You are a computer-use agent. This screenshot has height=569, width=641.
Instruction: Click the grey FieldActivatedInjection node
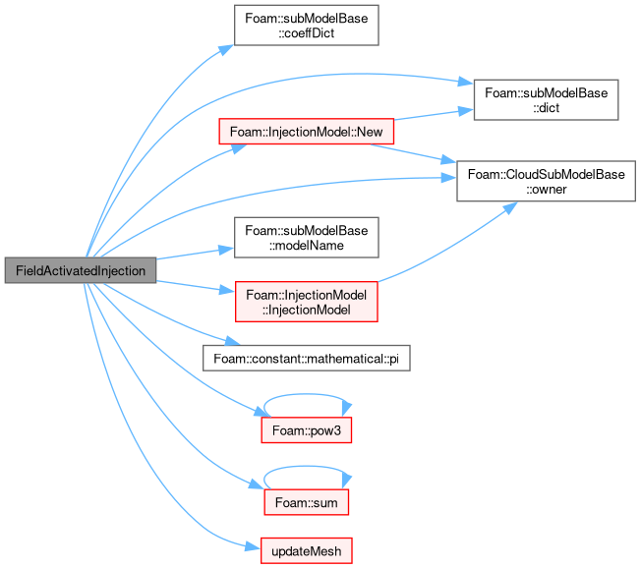point(81,270)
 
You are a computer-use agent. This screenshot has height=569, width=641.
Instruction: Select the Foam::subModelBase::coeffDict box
point(306,26)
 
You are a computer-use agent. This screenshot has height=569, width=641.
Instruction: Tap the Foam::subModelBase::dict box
point(546,100)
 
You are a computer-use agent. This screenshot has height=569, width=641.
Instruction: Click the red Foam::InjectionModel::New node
point(306,132)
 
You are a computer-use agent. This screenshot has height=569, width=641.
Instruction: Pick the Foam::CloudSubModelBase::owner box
point(546,181)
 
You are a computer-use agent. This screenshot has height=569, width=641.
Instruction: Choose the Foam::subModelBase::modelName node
point(306,238)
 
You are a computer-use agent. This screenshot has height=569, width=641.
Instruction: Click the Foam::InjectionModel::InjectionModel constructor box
point(306,302)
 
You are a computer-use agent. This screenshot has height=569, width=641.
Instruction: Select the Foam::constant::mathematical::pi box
point(306,359)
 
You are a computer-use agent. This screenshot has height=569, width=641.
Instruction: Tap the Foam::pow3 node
point(306,430)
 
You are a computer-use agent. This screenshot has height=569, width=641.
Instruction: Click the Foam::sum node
point(306,502)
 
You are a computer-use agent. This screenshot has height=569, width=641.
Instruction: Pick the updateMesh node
point(306,550)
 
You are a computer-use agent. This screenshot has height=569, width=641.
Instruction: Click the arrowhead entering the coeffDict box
point(226,49)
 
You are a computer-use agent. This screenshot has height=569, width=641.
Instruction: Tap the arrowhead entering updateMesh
point(253,546)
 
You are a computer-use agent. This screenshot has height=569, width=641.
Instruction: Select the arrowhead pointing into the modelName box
point(226,250)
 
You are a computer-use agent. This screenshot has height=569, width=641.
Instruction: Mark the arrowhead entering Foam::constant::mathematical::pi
point(232,340)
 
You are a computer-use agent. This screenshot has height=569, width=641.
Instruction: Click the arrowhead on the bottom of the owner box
point(510,207)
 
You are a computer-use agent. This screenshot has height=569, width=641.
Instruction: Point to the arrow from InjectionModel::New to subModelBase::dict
point(434,114)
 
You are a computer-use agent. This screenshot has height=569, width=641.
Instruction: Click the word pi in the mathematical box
point(393,359)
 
